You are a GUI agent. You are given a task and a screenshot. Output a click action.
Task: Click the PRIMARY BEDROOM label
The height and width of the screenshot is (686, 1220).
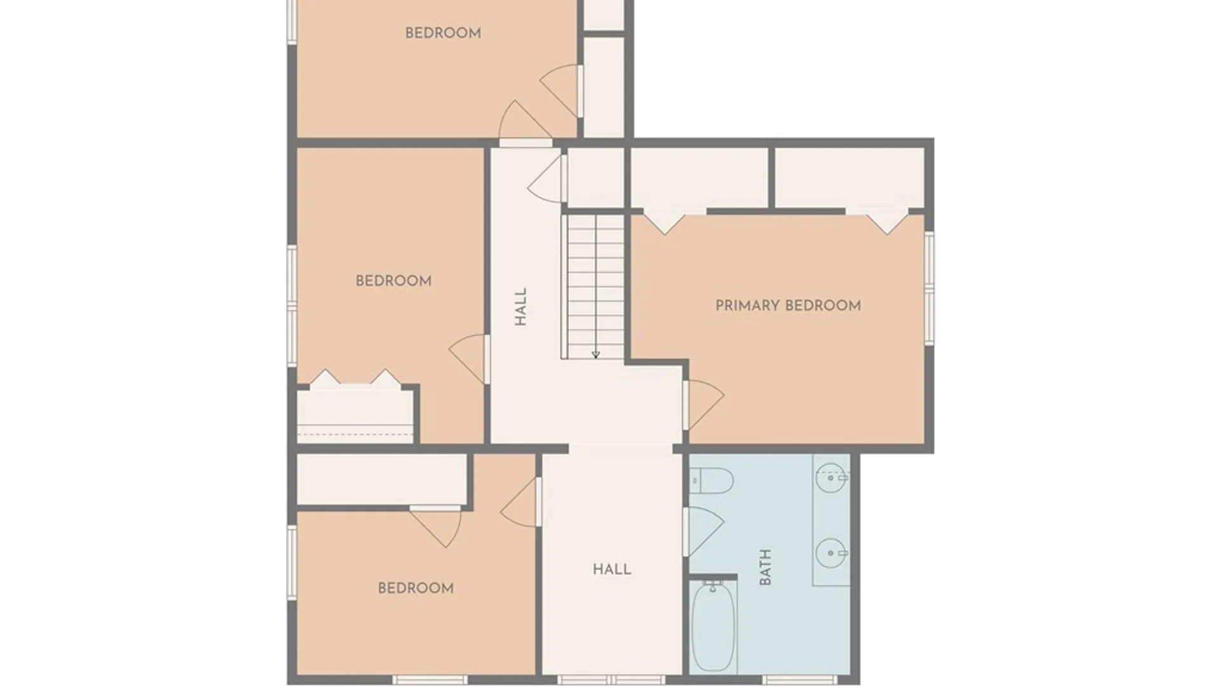point(788,306)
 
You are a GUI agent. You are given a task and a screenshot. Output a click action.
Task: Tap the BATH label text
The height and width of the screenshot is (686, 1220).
point(765,567)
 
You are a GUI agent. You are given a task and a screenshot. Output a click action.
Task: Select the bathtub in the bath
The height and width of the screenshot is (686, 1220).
point(714,627)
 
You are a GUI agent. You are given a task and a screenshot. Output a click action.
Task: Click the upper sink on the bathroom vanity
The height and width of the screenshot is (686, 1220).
point(831,478)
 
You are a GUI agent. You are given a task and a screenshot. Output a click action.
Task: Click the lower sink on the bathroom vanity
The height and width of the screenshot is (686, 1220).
point(831,553)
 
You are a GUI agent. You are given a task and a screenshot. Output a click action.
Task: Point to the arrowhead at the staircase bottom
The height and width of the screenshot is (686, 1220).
point(595,355)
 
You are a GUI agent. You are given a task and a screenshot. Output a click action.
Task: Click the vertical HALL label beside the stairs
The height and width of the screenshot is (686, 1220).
point(521,307)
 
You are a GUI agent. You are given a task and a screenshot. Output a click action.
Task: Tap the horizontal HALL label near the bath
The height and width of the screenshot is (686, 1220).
point(612,569)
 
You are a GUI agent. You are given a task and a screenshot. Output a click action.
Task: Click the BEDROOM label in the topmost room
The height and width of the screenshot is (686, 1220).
point(443,33)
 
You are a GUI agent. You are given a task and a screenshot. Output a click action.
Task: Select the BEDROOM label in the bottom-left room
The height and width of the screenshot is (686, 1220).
point(416,588)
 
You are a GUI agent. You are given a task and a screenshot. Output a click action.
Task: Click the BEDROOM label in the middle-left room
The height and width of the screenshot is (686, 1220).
point(393,281)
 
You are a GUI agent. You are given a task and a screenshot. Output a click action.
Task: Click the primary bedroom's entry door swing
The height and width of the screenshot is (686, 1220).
point(704,405)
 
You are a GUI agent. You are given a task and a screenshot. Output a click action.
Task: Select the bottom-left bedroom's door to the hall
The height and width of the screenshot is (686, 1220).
point(520,502)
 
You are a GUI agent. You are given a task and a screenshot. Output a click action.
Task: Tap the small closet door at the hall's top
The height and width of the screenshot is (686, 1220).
point(547,178)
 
